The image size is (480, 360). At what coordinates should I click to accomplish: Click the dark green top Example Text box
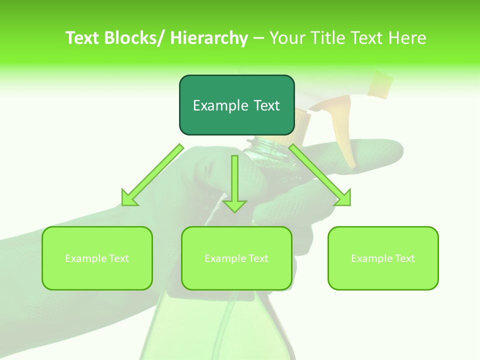[x=236, y=105]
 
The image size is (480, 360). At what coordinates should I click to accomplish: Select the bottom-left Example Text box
[x=97, y=258]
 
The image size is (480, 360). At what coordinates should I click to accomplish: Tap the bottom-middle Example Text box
[x=236, y=258]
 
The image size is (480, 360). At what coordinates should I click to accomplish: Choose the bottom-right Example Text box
[x=383, y=258]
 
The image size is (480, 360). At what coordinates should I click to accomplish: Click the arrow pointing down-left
[x=152, y=175]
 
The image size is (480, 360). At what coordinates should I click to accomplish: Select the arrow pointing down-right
[x=320, y=175]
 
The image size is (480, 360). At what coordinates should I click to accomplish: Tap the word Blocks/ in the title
[x=138, y=38]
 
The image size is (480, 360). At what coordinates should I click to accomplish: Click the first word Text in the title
[x=84, y=38]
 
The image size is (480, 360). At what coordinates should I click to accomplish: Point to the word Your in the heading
[x=288, y=38]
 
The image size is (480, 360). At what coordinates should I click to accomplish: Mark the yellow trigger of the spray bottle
[x=345, y=135]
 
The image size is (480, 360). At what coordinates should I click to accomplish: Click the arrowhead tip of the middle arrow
[x=234, y=211]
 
